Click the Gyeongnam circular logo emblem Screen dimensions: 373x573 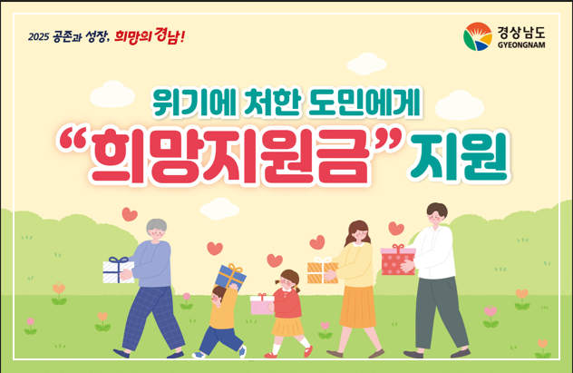click(x=477, y=37)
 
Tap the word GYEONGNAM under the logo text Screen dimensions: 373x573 click(x=521, y=44)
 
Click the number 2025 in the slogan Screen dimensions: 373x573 click(x=38, y=38)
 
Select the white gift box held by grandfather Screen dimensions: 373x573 click(x=118, y=270)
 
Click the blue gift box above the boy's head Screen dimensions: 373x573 click(x=230, y=275)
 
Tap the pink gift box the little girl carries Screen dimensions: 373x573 click(x=262, y=304)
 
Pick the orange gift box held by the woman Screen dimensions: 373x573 click(x=322, y=270)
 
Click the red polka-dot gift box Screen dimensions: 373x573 click(x=396, y=260)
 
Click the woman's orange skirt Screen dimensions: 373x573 click(x=357, y=304)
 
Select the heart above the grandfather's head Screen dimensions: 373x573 click(x=130, y=214)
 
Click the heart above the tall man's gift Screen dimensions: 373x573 click(x=396, y=229)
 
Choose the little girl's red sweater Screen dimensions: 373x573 click(x=287, y=302)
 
